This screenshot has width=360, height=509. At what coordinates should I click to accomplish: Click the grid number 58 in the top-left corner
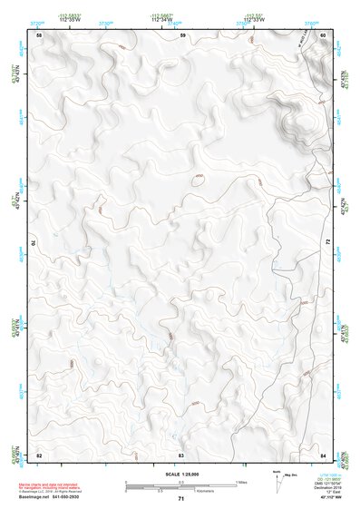39,34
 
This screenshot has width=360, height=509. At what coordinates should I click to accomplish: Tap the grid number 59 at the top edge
182,34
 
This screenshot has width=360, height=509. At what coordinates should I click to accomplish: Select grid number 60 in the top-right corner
323,34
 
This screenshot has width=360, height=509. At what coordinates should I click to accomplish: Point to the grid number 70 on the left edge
37,243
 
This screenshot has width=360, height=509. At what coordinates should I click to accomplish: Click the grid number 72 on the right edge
327,243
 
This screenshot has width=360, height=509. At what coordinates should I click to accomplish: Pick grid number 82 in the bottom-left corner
39,454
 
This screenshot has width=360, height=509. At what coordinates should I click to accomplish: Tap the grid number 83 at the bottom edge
181,454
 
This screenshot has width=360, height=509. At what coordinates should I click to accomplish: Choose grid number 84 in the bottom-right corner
323,454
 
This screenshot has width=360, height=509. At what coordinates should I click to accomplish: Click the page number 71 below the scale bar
181,499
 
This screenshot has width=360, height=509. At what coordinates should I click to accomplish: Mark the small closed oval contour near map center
196,178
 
